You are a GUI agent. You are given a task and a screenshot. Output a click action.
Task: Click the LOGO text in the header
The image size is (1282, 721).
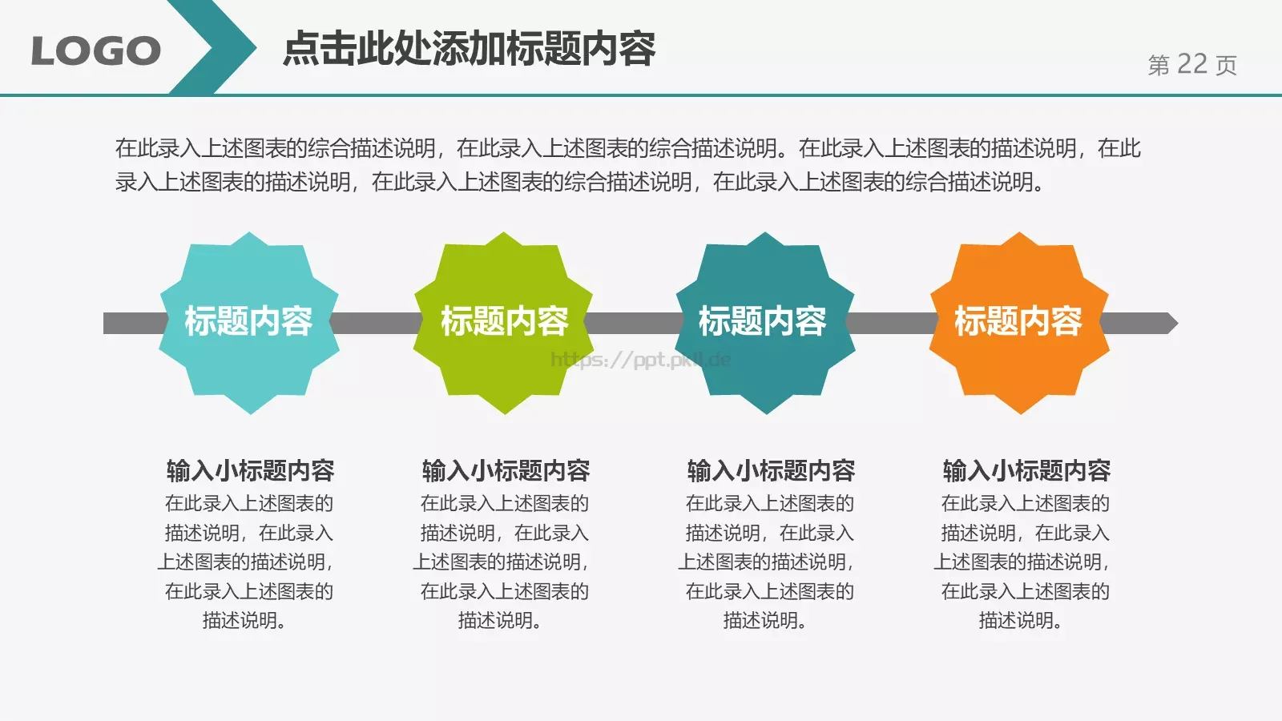point(95,51)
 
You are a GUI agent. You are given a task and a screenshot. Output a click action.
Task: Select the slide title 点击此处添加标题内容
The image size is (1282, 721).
point(470,49)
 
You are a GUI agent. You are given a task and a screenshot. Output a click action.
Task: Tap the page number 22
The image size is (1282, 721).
point(1192,64)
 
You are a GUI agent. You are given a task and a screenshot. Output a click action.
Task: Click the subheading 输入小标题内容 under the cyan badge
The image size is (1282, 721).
point(250,470)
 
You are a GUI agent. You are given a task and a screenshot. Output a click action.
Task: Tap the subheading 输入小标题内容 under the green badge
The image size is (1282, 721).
point(506,470)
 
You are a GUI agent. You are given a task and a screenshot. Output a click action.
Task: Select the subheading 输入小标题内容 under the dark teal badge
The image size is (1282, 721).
point(771,470)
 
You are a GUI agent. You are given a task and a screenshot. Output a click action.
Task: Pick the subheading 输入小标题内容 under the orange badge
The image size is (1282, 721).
point(1026,470)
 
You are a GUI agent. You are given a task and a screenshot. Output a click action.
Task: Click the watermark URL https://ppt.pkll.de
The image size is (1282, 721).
point(640,360)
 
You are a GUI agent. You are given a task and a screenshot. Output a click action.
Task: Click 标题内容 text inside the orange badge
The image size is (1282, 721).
point(1018,321)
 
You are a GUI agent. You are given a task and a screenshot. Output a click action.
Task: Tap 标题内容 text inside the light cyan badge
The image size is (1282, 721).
point(248,321)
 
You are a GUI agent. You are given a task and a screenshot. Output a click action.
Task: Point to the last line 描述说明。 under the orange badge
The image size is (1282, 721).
point(1020,620)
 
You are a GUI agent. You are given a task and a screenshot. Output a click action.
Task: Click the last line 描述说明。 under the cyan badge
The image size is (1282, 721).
point(244,620)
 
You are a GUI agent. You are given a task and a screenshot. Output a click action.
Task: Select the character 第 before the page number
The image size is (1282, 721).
point(1159,65)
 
